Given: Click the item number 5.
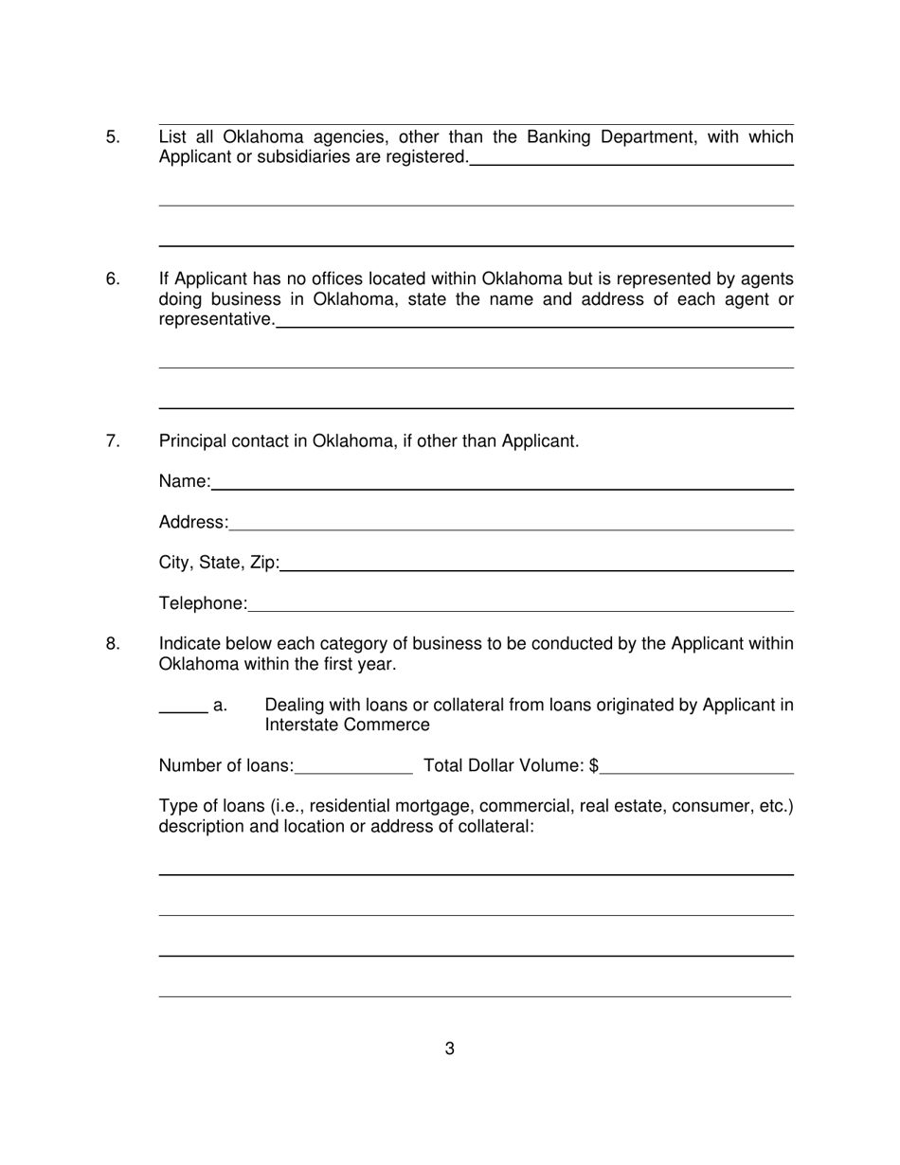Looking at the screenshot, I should (x=113, y=137).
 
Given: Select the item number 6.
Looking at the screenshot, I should (x=113, y=279).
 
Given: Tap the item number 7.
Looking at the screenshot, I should (x=113, y=441).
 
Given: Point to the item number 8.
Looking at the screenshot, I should (x=113, y=645).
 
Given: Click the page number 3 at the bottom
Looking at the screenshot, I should (x=449, y=1048).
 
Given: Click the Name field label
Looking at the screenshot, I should (x=185, y=482).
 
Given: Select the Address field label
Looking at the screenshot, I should (x=193, y=523).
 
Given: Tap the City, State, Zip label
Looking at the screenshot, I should (x=219, y=564).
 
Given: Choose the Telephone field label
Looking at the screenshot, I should (x=203, y=604).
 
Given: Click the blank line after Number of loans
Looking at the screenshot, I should (x=354, y=769).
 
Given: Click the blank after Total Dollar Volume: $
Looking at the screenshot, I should (x=697, y=769).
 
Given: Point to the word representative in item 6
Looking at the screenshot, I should (x=216, y=320).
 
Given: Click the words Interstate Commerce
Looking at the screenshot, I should (x=347, y=726).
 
